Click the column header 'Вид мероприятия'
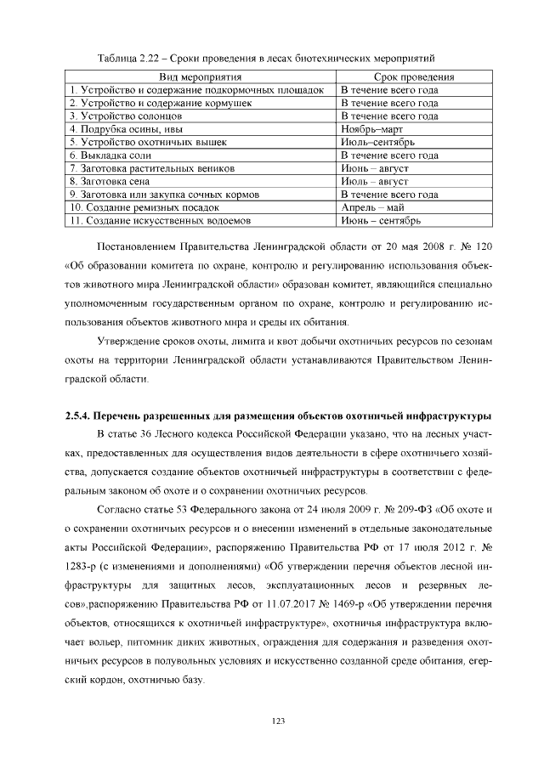pyautogui.click(x=200, y=76)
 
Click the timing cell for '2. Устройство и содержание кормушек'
pyautogui.click(x=389, y=103)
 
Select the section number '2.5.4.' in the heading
pyautogui.click(x=82, y=416)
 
